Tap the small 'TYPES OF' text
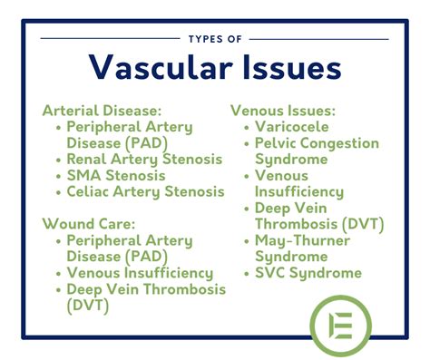(x=215, y=39)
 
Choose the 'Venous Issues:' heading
(x=283, y=110)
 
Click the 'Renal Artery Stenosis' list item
(x=143, y=159)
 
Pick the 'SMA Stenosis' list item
(x=115, y=175)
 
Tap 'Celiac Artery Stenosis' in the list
(x=145, y=191)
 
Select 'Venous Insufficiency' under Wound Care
(x=140, y=272)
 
